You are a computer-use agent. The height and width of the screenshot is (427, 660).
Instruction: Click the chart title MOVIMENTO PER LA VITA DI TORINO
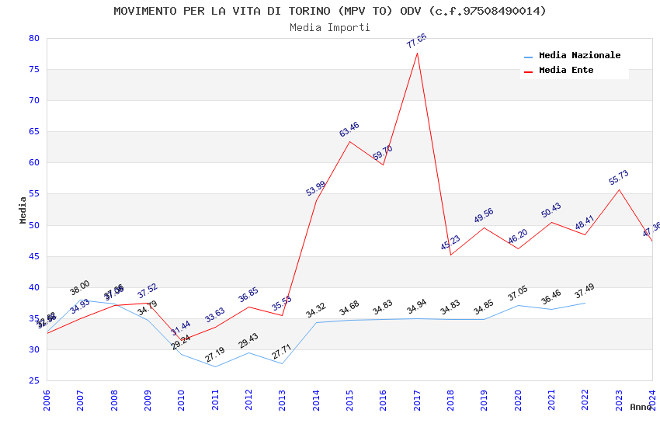(330, 11)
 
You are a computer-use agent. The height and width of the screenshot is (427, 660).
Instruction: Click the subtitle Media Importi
(330, 27)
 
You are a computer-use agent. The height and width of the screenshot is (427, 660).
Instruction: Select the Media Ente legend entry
(566, 71)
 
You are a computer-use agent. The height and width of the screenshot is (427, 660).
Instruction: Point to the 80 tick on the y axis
(33, 38)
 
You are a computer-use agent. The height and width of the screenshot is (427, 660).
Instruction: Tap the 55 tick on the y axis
(33, 194)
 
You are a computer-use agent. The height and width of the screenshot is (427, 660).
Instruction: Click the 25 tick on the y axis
(33, 380)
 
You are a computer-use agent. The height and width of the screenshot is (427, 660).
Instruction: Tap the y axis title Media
(23, 210)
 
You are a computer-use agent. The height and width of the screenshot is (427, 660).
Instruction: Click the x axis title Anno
(641, 407)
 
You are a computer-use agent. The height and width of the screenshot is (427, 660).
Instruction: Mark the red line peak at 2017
(417, 53)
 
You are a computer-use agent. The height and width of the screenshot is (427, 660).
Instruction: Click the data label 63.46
(349, 130)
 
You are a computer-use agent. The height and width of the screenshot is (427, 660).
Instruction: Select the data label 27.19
(215, 355)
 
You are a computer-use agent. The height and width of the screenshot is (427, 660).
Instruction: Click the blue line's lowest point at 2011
(215, 366)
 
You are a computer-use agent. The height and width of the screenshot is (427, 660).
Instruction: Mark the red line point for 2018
(450, 255)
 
